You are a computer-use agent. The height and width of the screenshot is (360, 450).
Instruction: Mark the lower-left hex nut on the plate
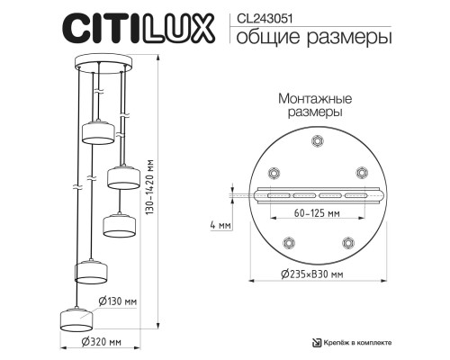[288, 241]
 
